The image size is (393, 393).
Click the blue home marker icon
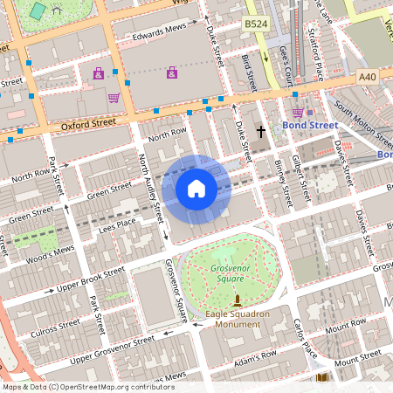pos(196,189)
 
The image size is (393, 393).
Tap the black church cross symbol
pos(259,133)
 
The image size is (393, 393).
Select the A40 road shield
pos(368,79)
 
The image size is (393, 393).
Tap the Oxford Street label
pos(88,125)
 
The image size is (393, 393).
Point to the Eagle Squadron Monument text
pos(238,319)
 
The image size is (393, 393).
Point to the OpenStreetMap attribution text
pos(87,386)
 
